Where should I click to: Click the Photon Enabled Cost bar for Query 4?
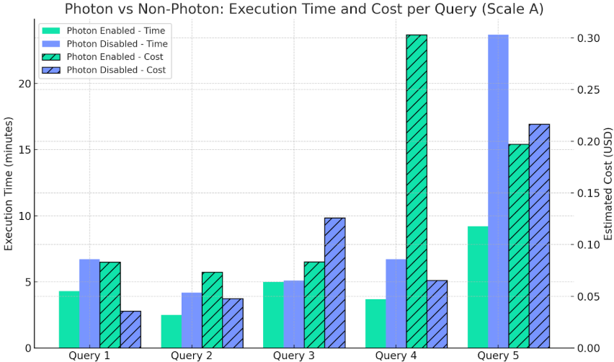(417, 191)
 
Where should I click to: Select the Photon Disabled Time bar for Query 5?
(498, 191)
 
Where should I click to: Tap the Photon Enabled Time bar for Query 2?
(172, 331)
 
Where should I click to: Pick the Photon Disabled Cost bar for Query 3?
(334, 283)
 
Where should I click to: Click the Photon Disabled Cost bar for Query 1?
(130, 330)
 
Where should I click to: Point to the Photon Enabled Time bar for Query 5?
(478, 287)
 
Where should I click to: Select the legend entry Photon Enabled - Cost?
(114, 57)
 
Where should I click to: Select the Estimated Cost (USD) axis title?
(607, 185)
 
